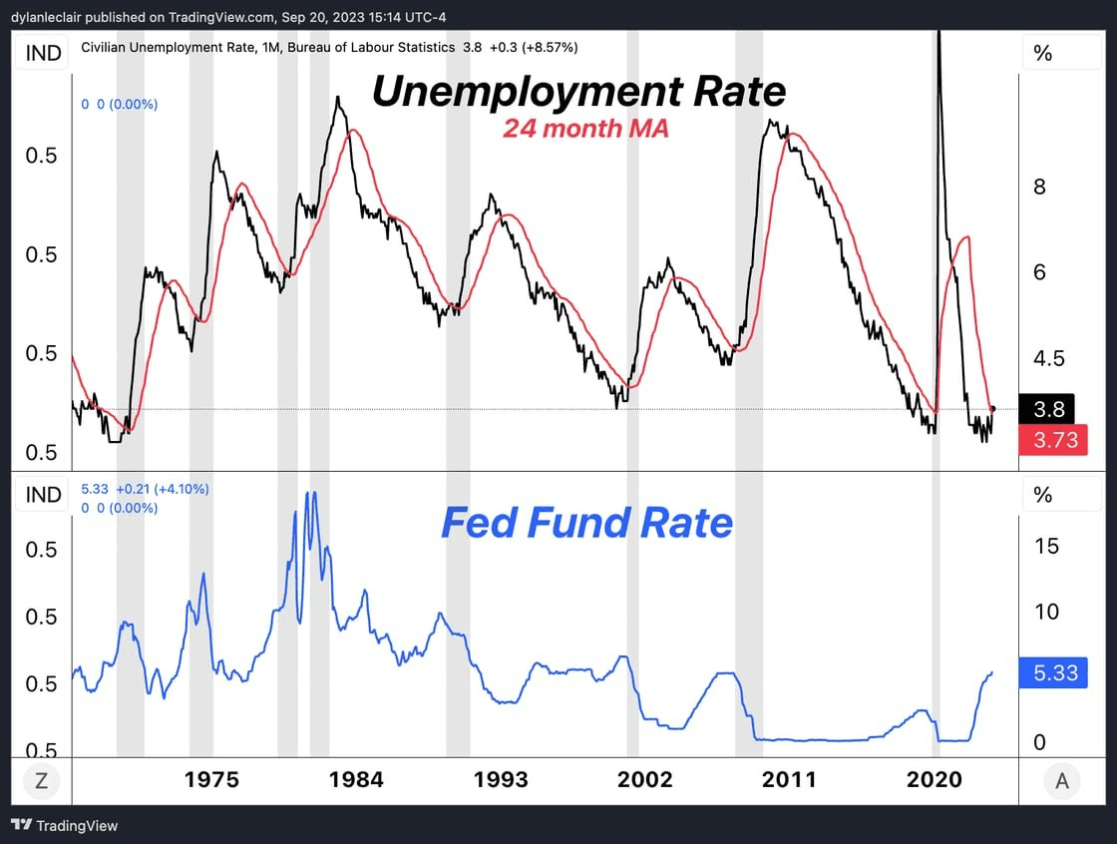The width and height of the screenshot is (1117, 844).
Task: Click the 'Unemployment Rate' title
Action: (x=578, y=92)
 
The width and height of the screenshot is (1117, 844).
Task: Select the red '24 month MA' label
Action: (x=584, y=129)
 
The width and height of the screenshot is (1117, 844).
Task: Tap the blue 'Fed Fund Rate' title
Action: (x=586, y=523)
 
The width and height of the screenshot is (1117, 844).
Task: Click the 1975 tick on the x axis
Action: (x=211, y=779)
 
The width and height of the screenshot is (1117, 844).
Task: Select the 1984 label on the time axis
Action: (x=355, y=779)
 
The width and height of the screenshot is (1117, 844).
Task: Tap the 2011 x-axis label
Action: (x=788, y=779)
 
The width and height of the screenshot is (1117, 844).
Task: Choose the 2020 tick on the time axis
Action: (x=933, y=779)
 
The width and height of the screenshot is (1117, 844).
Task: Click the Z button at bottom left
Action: (x=41, y=781)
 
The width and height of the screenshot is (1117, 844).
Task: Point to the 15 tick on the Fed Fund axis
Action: (x=1046, y=546)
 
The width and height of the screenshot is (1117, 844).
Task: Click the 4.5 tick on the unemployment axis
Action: (x=1046, y=358)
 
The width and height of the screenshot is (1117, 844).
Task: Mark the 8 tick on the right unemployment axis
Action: (x=1039, y=187)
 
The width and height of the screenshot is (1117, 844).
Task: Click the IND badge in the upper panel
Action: (x=42, y=53)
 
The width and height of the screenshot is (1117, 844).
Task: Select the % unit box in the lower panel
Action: (x=1043, y=494)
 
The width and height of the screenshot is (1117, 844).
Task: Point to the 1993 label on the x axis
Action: (x=501, y=779)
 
